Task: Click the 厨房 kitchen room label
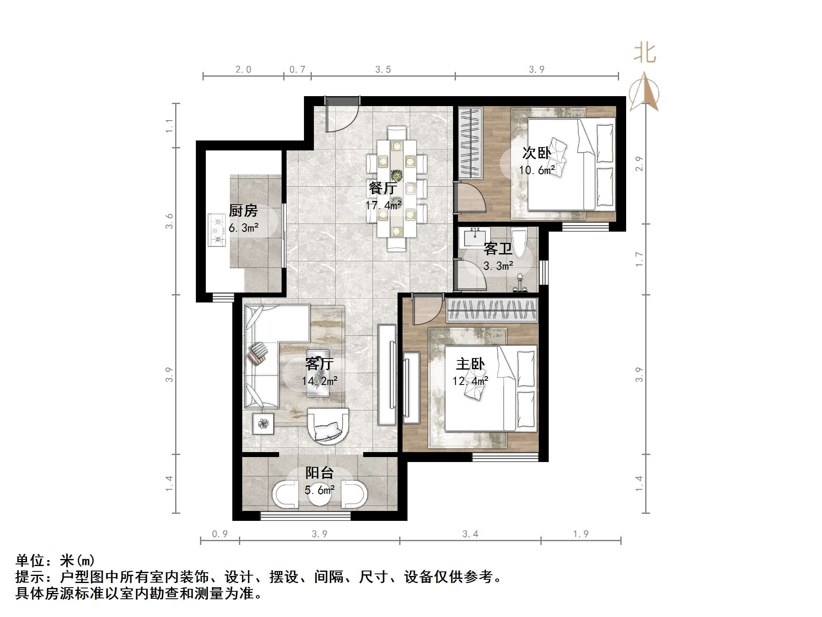click(243, 211)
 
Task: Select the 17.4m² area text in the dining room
click(383, 205)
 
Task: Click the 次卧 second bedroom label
click(536, 153)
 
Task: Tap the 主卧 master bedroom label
click(470, 364)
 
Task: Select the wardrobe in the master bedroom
click(492, 310)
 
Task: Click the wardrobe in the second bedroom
click(470, 143)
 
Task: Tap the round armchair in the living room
click(328, 426)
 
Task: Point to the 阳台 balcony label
click(319, 473)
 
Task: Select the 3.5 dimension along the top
click(383, 70)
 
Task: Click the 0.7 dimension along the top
click(297, 70)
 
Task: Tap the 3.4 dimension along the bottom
click(470, 534)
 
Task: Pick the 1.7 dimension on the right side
click(639, 259)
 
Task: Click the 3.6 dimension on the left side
click(169, 221)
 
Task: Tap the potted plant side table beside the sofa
click(263, 423)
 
